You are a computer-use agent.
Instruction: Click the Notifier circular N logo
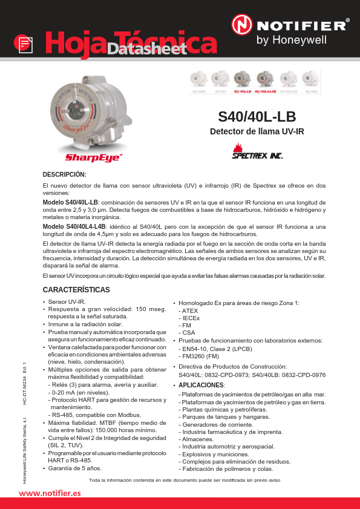pos(243,25)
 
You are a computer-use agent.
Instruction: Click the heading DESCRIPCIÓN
pos(65,174)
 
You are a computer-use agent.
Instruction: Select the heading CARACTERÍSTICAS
pos(76,290)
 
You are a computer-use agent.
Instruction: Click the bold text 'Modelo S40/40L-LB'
pos(71,202)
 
